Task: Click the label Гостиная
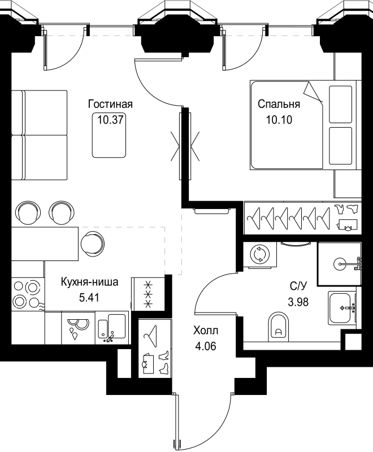tap(110, 105)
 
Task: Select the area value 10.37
tap(110, 119)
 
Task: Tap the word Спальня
tap(278, 105)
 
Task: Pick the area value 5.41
tap(90, 297)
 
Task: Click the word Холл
tap(205, 331)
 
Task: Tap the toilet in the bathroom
tap(279, 328)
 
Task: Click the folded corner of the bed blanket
tap(312, 92)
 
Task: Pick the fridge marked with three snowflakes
tap(149, 294)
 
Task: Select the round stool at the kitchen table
tap(92, 242)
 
